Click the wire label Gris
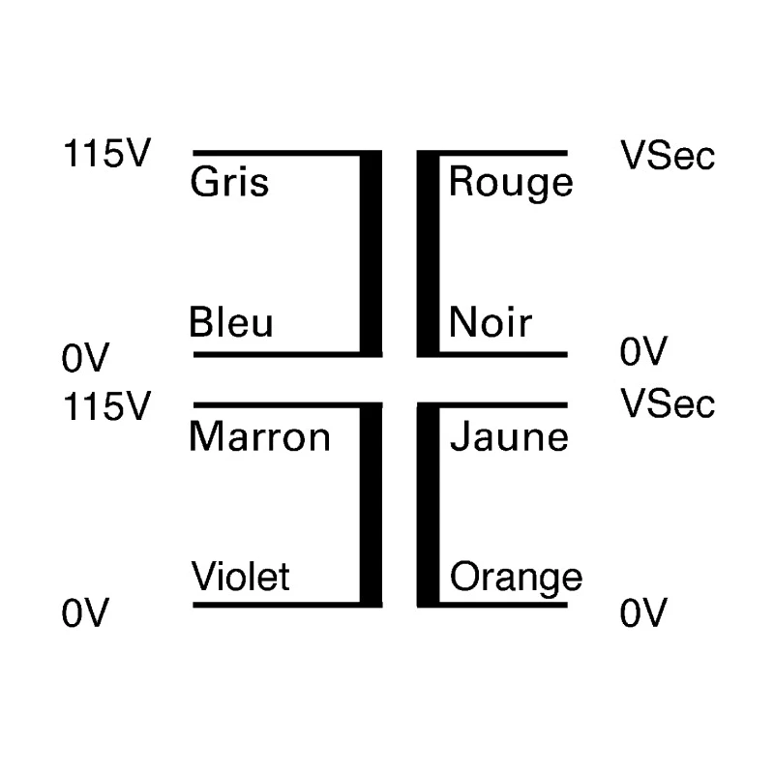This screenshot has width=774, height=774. (229, 182)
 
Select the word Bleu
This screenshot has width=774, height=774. (231, 322)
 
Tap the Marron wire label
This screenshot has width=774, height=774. (259, 436)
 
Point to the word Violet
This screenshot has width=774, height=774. (240, 576)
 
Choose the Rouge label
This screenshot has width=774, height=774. (511, 184)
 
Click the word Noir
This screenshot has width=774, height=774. (491, 322)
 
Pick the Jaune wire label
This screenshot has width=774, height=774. (509, 436)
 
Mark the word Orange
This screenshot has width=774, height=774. (517, 579)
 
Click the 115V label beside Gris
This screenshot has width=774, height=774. (106, 154)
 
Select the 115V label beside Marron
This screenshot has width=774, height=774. (106, 406)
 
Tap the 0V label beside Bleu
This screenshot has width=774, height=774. (85, 358)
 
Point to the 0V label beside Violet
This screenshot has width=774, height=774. (85, 612)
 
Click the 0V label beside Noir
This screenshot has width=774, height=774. (643, 351)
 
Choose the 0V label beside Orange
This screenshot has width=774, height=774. (643, 612)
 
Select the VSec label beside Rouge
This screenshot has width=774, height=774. (668, 155)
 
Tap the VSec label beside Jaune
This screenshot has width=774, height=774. (668, 403)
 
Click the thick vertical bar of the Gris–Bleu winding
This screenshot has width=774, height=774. (371, 253)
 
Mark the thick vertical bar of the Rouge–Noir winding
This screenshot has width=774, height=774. (428, 253)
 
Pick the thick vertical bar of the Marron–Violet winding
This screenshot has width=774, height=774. (371, 505)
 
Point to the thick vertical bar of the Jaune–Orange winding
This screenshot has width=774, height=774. (428, 505)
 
